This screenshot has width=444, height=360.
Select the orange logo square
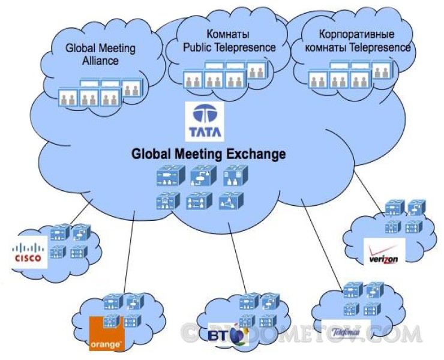[106, 333]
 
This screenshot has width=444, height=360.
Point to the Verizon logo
[385, 251]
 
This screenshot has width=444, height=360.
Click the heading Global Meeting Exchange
[208, 154]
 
